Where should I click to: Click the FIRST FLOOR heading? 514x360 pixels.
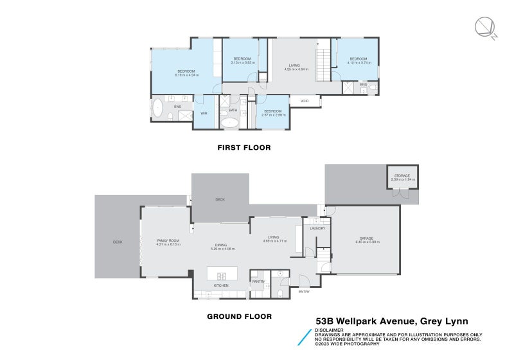tap(244, 147)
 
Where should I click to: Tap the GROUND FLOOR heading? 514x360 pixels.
tap(239, 316)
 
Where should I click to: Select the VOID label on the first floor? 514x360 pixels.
tap(305, 101)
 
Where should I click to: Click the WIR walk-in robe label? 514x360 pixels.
tap(204, 113)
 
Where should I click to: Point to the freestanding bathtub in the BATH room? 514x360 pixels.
tap(229, 122)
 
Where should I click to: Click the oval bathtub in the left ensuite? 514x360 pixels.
tap(157, 107)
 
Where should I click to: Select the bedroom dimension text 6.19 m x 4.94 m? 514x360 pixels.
tap(186, 75)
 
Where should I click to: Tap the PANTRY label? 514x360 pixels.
tap(258, 281)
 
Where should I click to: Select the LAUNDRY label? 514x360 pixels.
tap(317, 228)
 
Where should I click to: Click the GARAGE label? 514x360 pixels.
tap(366, 238)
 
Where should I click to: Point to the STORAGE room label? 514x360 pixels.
tap(403, 175)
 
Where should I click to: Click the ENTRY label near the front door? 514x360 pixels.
tap(304, 292)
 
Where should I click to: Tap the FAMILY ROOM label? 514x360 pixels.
tap(168, 240)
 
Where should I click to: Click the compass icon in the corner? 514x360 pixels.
tap(486, 28)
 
